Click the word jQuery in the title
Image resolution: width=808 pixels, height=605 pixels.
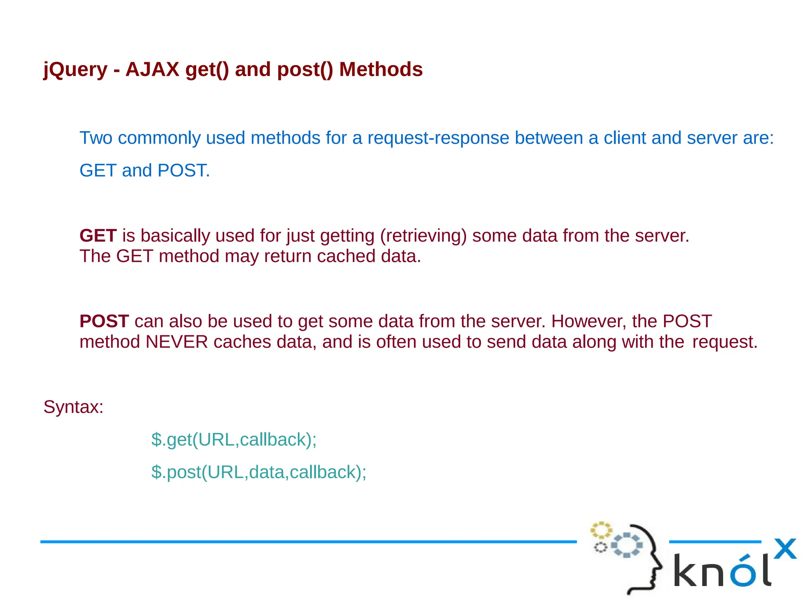tap(75, 70)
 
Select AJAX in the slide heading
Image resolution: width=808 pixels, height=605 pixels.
tap(152, 69)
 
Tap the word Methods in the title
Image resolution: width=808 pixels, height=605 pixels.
tap(381, 69)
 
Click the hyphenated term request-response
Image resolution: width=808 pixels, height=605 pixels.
tap(438, 138)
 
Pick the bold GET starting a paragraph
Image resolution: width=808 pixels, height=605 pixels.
tap(98, 236)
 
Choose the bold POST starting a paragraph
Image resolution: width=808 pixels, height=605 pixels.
tap(104, 321)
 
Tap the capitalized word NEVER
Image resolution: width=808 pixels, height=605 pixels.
tap(176, 342)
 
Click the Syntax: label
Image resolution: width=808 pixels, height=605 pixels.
tap(73, 407)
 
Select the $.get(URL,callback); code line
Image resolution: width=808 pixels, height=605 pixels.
tap(234, 439)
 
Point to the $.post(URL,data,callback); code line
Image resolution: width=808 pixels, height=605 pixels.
tap(258, 472)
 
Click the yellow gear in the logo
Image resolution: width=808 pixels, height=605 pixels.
tap(600, 530)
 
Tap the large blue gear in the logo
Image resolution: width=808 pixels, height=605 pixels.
tap(627, 545)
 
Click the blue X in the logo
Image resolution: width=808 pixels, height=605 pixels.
tap(785, 549)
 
